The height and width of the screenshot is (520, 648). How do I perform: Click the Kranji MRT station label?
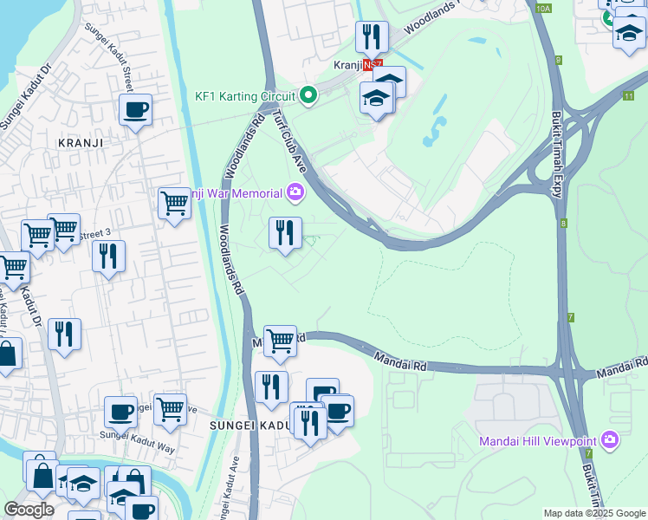pos(347,65)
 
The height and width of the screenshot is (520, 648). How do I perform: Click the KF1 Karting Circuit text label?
pos(245,96)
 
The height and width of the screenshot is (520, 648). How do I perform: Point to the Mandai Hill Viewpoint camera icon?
pos(610,441)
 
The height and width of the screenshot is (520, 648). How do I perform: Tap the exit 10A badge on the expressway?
pos(543,8)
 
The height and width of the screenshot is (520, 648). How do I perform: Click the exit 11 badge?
pos(626,95)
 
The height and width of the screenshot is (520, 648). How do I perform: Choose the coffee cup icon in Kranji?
pos(136,110)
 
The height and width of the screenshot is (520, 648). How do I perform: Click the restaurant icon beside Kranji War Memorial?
pos(285,232)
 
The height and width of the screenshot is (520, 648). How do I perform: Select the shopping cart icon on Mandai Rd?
pos(280,341)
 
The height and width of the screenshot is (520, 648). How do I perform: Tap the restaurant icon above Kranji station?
pos(372,36)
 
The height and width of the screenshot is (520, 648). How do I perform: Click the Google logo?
pos(29,510)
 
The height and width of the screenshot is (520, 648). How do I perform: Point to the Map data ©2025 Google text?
pos(593,513)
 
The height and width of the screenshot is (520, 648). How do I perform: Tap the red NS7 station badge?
pos(372,65)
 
